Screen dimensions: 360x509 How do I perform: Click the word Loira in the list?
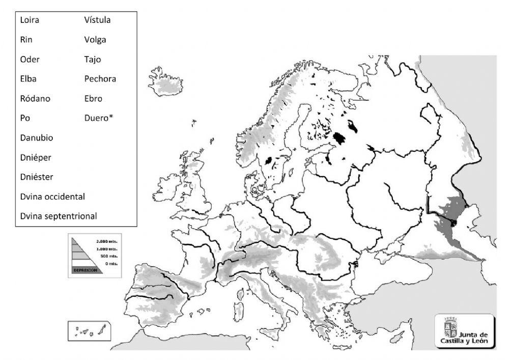pos(30,20)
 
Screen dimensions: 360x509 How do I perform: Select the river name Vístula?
pos(97,20)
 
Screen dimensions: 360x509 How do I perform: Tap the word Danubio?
pos(37,137)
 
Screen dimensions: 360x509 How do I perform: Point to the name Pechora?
pos(100,79)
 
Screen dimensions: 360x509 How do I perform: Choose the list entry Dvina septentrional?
pos(59,216)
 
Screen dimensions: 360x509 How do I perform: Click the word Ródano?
pos(35,98)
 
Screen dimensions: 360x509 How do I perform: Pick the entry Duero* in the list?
pos(98,118)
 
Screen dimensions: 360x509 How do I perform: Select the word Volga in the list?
pos(95,40)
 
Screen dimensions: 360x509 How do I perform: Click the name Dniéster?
pos(37,177)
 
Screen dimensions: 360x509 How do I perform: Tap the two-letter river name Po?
pos(25,118)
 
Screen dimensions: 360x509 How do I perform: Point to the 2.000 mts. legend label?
pos(106,240)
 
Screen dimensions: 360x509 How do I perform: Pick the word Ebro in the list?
pos(93,98)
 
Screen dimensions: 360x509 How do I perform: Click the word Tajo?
pos(93,59)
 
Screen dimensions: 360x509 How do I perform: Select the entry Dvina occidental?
pos(52,196)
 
